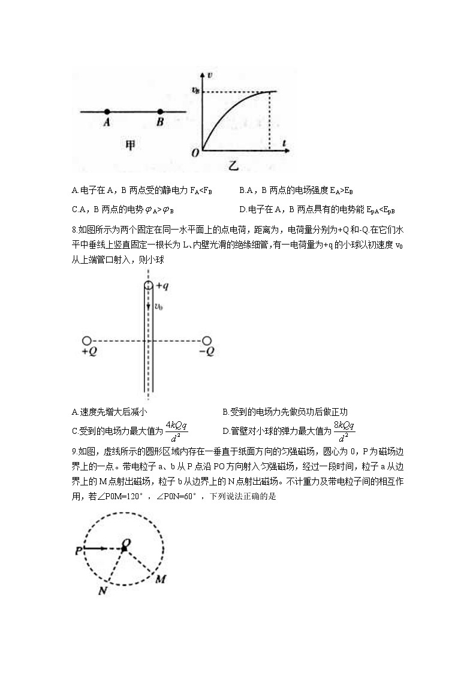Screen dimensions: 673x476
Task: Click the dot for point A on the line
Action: click(107, 111)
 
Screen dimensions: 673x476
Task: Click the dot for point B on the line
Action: click(160, 111)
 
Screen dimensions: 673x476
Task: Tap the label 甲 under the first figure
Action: click(130, 146)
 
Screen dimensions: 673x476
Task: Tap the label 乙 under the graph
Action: click(236, 163)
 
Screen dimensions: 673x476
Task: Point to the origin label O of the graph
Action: click(195, 153)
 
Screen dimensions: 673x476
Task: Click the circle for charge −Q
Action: click(207, 341)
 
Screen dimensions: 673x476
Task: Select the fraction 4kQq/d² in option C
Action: click(177, 429)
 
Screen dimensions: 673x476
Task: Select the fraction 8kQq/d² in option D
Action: click(345, 429)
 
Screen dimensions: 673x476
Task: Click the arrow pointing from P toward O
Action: click(96, 548)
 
